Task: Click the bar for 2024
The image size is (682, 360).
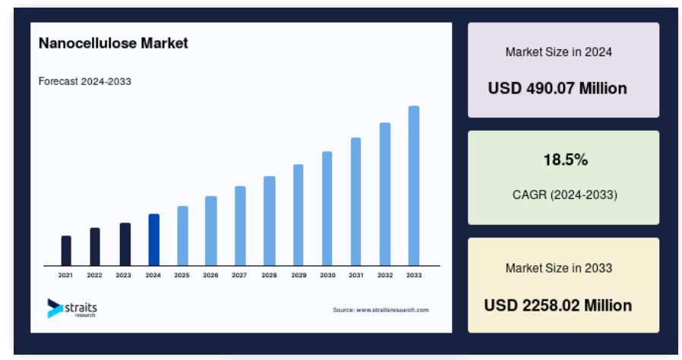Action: (154, 239)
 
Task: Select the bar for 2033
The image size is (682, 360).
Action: (414, 185)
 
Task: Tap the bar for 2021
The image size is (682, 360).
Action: (66, 251)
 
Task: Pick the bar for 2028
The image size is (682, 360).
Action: (270, 221)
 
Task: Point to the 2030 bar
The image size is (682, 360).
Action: (327, 208)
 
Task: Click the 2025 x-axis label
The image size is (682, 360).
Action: (182, 275)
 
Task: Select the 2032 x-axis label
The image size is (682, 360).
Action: (385, 275)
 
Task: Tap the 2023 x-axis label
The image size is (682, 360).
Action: (123, 275)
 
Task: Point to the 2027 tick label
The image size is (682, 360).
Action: (239, 275)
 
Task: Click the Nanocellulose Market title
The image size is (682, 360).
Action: (113, 43)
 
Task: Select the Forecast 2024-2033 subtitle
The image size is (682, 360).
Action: (85, 81)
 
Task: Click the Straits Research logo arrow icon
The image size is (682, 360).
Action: (55, 308)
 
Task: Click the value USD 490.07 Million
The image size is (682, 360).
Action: (557, 88)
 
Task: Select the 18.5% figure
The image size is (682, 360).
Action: (566, 160)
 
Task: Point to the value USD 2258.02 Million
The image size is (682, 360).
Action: (558, 305)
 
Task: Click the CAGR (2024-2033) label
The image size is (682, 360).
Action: (564, 194)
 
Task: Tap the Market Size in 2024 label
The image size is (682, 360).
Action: (558, 52)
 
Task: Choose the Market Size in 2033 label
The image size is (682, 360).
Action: (558, 268)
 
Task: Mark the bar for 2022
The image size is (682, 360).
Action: (95, 247)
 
